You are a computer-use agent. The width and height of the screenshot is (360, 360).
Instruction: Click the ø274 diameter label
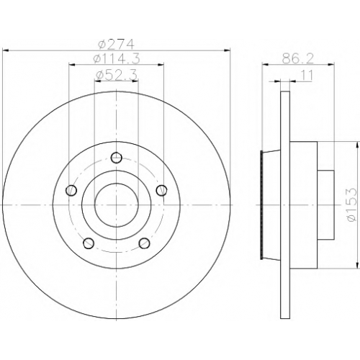click(116, 44)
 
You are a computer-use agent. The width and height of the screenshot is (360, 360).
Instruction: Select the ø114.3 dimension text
click(117, 59)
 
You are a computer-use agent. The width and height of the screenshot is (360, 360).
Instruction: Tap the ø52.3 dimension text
click(117, 75)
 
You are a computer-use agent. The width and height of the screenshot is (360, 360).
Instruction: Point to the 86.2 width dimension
click(297, 58)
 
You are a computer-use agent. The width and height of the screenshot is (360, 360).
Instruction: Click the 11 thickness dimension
click(307, 76)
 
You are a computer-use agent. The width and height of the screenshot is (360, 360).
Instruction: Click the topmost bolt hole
click(117, 158)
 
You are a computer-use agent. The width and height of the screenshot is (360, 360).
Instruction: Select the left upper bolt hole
click(71, 190)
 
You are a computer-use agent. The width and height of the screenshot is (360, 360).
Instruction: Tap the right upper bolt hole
click(161, 190)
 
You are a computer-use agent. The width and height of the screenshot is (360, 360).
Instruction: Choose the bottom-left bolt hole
click(89, 243)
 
